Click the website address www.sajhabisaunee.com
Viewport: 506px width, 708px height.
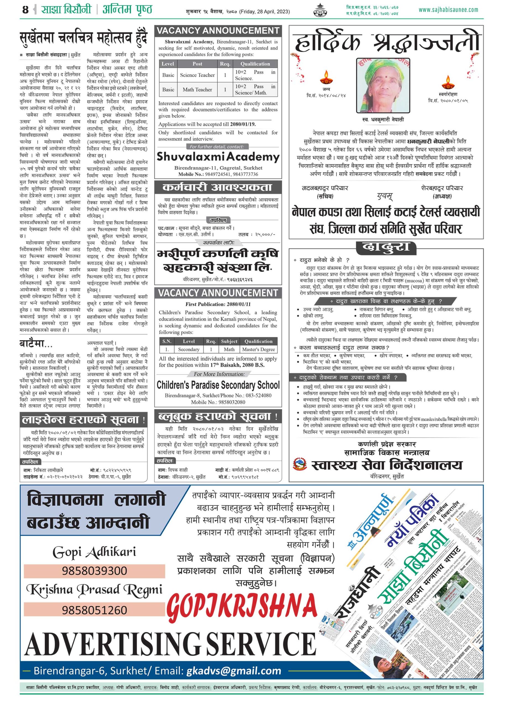point(448,10)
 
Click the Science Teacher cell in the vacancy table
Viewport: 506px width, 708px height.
point(197,75)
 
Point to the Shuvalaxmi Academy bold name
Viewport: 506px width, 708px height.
point(218,157)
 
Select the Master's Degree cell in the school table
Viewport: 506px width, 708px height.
point(258,349)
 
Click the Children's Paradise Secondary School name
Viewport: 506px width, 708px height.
point(218,385)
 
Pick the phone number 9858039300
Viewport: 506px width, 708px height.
point(94,571)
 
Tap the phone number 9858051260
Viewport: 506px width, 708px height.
point(94,610)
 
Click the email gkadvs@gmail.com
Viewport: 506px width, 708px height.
point(234,671)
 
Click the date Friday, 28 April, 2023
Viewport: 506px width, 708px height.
point(265,12)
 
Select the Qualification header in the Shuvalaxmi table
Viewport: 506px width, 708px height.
point(255,64)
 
